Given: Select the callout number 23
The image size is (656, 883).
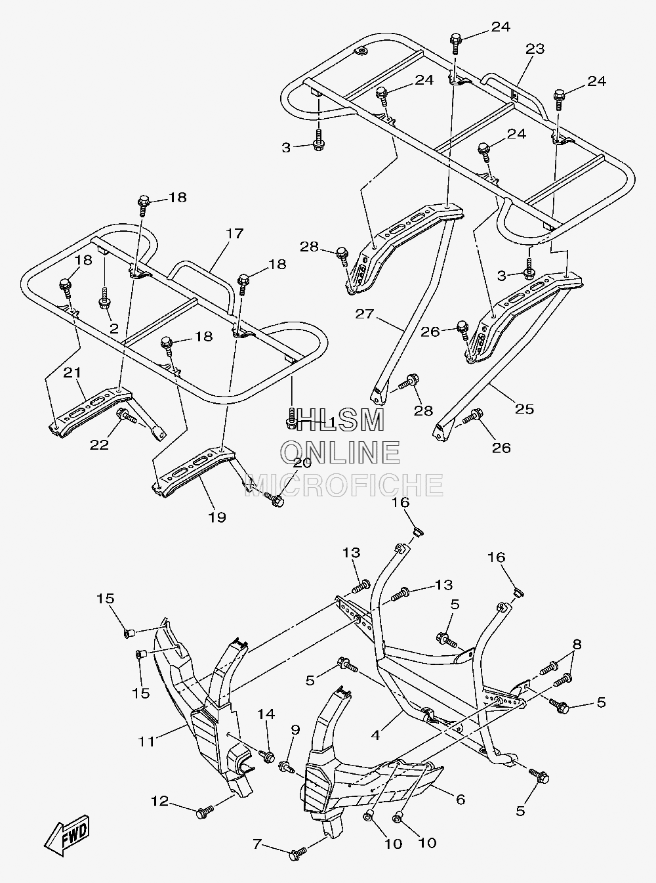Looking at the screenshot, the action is (535, 49).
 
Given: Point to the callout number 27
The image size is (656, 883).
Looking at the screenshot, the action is (365, 314).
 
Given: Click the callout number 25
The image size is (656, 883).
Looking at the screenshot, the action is (524, 409).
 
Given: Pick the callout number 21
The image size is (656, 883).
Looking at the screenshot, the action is (72, 373).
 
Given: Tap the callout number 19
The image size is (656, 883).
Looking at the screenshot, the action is (217, 517).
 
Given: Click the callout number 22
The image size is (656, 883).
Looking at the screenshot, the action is (99, 444).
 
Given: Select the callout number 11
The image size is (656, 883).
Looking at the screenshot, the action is (146, 742).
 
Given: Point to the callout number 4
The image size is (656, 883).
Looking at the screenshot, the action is (375, 735).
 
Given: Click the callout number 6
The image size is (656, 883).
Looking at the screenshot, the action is (461, 799).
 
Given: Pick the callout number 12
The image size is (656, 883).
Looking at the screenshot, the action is (160, 801).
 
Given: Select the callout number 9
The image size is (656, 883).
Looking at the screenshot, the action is (295, 730).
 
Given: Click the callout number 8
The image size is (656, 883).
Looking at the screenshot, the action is (577, 644).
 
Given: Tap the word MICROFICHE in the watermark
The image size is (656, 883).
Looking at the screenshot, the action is (344, 485).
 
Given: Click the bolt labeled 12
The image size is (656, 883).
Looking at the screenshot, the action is (205, 811).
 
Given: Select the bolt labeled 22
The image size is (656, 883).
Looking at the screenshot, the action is (127, 416).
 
